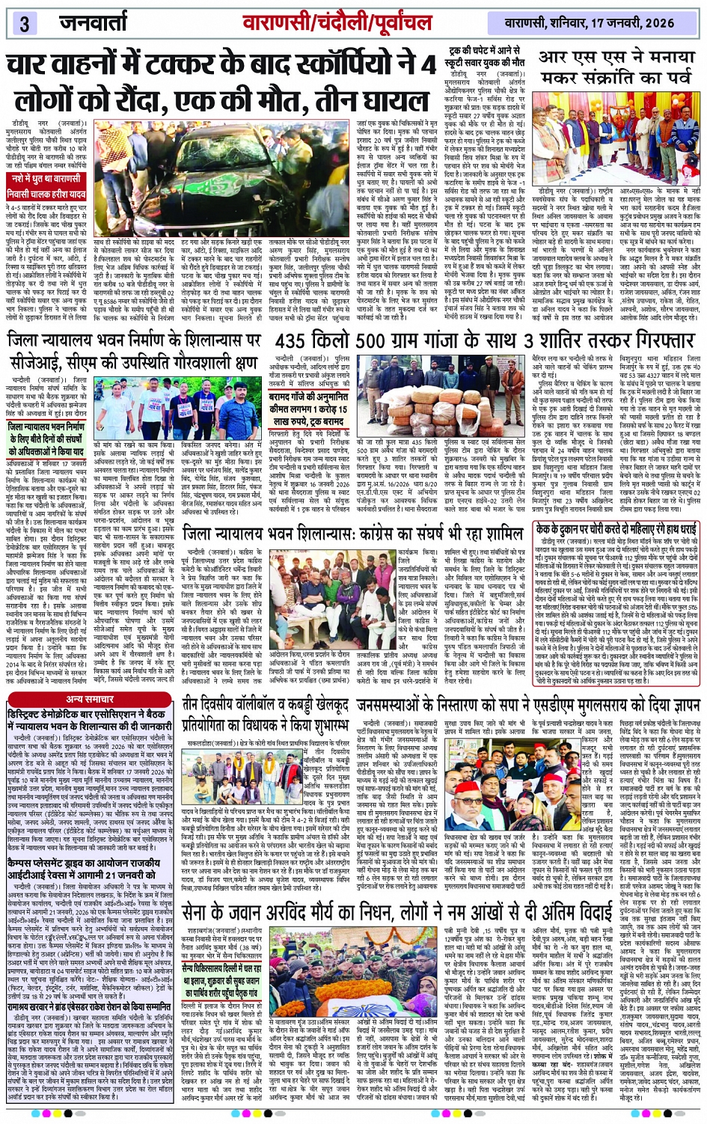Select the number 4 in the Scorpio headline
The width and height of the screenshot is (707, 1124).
(x=428, y=66)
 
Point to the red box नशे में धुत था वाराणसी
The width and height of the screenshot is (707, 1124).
(x=46, y=180)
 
